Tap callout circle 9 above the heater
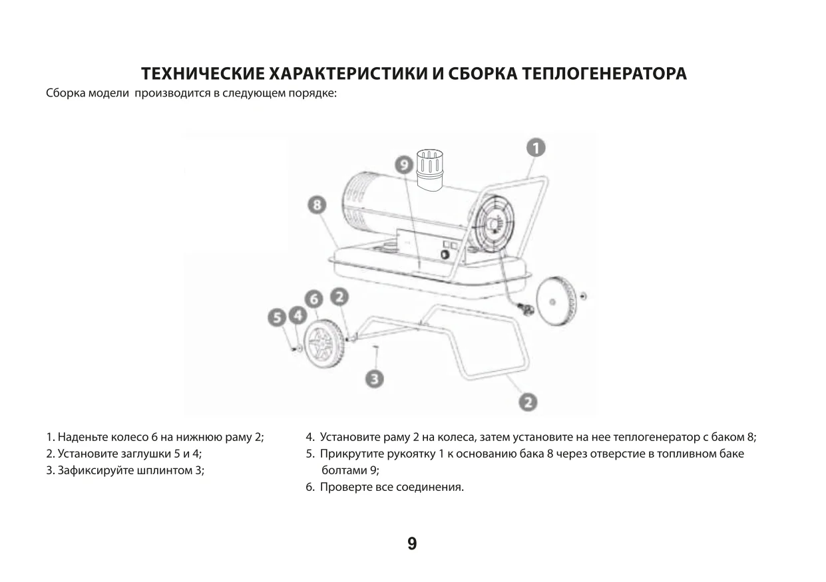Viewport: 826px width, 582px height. tap(403, 164)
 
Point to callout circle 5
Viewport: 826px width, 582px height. tap(278, 319)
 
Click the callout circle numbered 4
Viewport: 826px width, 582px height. tap(296, 315)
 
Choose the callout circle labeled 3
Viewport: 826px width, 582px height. tap(375, 379)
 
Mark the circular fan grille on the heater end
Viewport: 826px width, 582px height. tap(494, 224)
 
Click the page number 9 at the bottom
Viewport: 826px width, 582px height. tap(412, 544)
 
